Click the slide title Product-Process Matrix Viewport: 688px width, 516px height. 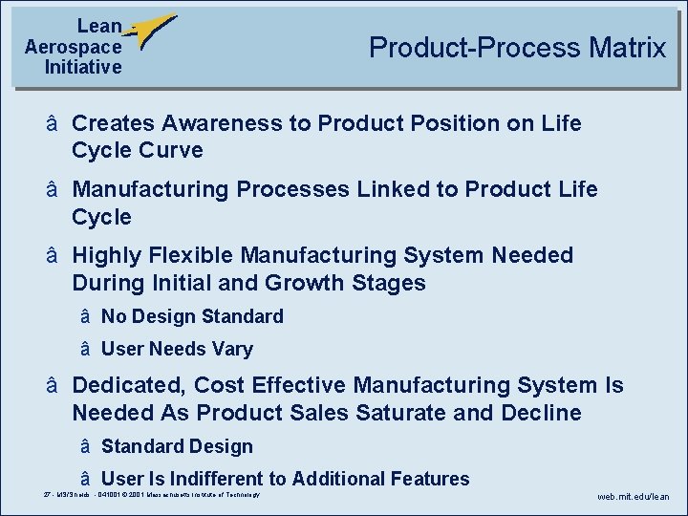coord(517,48)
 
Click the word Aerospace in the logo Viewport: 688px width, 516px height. coord(74,47)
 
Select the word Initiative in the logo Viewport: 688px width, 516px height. coord(83,67)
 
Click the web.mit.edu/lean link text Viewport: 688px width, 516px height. coord(634,497)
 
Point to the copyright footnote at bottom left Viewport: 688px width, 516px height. coord(152,494)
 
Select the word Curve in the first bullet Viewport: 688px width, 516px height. coord(171,150)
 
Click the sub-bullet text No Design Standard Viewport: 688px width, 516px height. coord(192,316)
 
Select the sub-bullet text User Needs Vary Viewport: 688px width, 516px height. coord(177,349)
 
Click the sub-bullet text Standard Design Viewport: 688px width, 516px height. coord(177,446)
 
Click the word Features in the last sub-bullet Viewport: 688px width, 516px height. coord(429,479)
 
